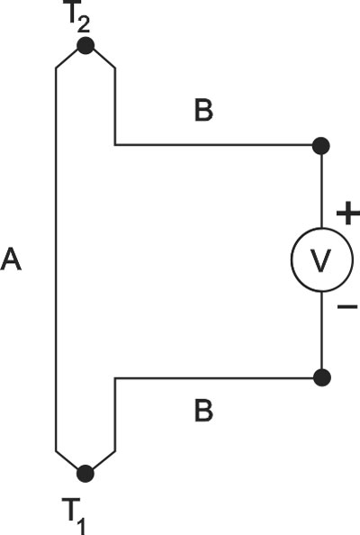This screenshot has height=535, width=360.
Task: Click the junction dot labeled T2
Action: (x=85, y=46)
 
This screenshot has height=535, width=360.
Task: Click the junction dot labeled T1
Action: (x=85, y=474)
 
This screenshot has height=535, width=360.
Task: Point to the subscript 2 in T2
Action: (x=84, y=24)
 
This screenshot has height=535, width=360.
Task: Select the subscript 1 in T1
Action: (x=79, y=525)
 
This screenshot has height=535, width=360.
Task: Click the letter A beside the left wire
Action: (x=11, y=259)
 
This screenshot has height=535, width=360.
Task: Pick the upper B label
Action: (x=204, y=110)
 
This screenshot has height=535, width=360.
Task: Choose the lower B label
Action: (x=204, y=411)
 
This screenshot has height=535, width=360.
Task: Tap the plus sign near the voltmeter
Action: (x=347, y=213)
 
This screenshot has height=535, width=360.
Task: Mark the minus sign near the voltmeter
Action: (x=347, y=307)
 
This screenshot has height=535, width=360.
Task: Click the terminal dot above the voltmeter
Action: (x=321, y=146)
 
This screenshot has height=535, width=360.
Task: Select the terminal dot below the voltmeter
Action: (x=321, y=377)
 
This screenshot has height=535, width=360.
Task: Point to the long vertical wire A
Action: (x=56, y=259)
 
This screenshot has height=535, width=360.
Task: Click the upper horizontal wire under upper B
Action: (x=214, y=145)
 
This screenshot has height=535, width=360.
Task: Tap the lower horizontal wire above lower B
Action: (x=214, y=377)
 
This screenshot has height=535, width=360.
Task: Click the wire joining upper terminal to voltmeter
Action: (x=321, y=191)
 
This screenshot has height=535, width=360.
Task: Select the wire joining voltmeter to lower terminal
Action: (x=321, y=331)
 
